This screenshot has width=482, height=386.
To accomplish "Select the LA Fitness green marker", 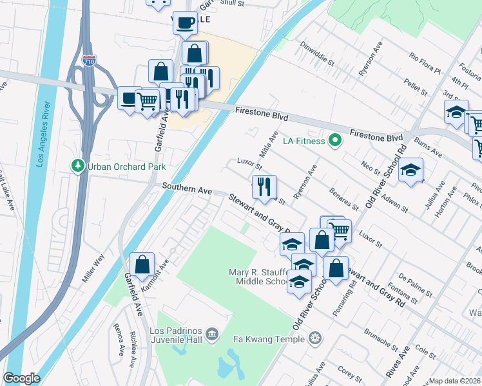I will [x=334, y=140].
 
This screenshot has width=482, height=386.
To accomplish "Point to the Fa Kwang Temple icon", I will [x=315, y=338].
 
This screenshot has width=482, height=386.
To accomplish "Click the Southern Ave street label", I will [x=187, y=187].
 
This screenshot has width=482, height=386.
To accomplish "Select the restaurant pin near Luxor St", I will [x=264, y=187].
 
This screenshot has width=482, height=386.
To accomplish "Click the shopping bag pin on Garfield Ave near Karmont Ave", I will [x=142, y=264].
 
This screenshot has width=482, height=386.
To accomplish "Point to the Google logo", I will [x=21, y=379].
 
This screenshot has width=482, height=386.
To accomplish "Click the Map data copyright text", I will [x=455, y=381].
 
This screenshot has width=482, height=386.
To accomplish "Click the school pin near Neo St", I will [x=410, y=170].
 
